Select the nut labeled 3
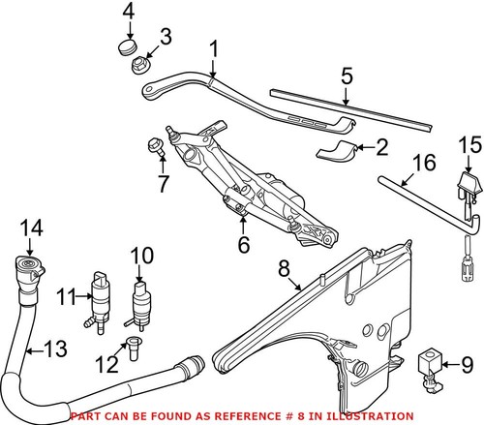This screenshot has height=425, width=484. tap(137, 67)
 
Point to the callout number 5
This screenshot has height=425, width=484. tap(347, 76)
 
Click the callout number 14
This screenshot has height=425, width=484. tap(31, 228)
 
